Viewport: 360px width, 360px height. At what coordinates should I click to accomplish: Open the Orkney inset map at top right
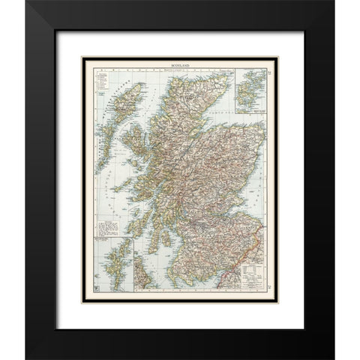click(x=250, y=91)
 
